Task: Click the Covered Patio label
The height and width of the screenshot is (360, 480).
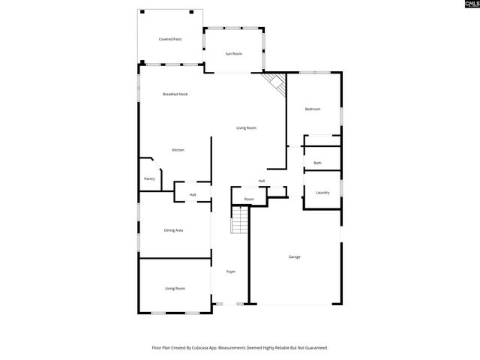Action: [169, 39]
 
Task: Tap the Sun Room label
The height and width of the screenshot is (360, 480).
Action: [234, 54]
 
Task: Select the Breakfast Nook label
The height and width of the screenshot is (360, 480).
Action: [175, 94]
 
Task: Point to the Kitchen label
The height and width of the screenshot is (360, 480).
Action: [178, 150]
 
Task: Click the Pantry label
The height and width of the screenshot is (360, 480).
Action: [149, 178]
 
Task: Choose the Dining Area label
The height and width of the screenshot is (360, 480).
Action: [173, 230]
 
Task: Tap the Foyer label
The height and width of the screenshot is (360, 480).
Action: [230, 271]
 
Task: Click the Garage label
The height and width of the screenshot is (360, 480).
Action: [295, 257]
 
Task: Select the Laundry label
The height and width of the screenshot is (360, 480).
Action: [322, 193]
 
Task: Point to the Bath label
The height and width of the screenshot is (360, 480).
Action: [318, 163]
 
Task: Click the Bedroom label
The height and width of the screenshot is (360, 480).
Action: [312, 109]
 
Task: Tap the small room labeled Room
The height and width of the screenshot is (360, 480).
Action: [248, 199]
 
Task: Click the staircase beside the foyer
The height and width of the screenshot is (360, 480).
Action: [240, 220]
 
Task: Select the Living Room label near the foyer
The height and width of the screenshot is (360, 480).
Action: [175, 288]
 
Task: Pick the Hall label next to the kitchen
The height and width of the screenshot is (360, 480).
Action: [193, 195]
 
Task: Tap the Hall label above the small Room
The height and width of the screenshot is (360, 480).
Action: [262, 181]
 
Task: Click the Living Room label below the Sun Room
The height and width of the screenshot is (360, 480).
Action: [246, 128]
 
